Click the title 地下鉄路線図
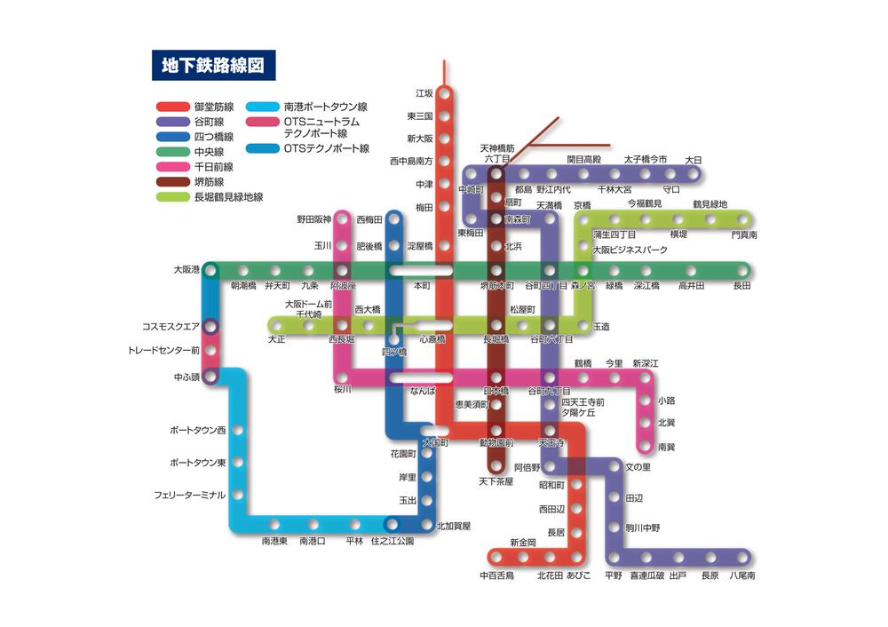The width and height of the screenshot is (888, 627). tap(213, 65)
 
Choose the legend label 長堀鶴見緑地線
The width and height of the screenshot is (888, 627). tap(228, 197)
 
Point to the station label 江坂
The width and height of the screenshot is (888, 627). tap(424, 93)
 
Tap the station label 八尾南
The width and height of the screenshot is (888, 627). tap(742, 575)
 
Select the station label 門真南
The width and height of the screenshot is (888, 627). tap(744, 235)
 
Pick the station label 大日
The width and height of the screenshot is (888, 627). tap(694, 160)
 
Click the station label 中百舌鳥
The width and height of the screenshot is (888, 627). tap(496, 575)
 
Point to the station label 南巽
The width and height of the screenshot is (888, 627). tap(666, 446)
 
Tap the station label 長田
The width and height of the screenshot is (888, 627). tap(741, 286)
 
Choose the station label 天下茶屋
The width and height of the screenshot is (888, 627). tap(496, 481)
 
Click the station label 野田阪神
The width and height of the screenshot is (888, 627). tap(313, 219)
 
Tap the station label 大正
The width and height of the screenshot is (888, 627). tap(277, 339)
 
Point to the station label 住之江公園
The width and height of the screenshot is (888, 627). tap(392, 541)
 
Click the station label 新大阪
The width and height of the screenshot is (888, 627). tap(420, 139)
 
